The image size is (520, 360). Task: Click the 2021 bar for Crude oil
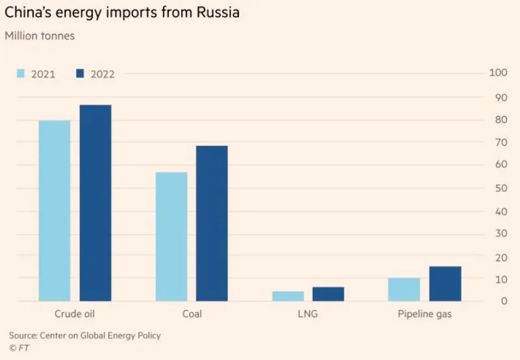point(55,210)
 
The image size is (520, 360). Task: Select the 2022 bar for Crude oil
point(95,202)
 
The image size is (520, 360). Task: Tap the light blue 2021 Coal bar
point(171,236)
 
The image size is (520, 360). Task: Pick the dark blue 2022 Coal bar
point(212,223)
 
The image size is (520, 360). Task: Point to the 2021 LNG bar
point(288,296)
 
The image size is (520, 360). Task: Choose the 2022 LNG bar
point(328,294)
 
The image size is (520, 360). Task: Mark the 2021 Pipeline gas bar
point(404,289)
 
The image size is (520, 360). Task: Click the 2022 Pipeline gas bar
point(445,283)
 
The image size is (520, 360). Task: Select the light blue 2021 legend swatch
point(20,73)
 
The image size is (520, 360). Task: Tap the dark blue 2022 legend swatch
point(80,73)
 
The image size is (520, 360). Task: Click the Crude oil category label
point(75,314)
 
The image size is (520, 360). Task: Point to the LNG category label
point(308,314)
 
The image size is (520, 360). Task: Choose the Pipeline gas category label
point(424,314)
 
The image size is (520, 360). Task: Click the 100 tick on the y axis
point(497,73)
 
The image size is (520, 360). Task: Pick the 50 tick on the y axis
point(500,189)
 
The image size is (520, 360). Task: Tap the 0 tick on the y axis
point(502,301)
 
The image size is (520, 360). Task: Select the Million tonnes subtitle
point(40,36)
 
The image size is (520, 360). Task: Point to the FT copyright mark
point(19,348)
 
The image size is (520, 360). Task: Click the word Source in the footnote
point(23,335)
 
